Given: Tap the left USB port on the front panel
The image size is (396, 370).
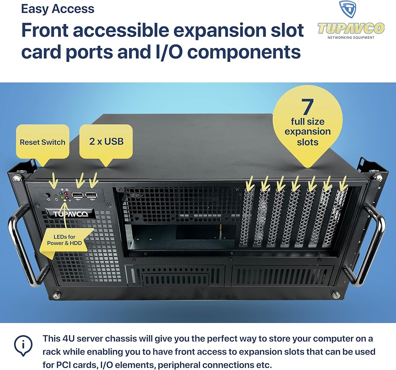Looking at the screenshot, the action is click(78, 195).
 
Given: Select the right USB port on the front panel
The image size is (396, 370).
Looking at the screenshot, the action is click(91, 195).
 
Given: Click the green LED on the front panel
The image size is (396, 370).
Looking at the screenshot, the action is click(61, 194).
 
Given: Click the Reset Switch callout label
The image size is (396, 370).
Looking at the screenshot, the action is click(42, 142).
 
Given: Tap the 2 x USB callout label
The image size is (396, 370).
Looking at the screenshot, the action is click(106, 141).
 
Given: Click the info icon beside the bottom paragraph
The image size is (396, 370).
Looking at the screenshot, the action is click(23, 346).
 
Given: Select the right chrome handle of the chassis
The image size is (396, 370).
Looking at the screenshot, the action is click(373, 246).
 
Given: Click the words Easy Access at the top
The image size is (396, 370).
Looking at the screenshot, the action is click(58, 9).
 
